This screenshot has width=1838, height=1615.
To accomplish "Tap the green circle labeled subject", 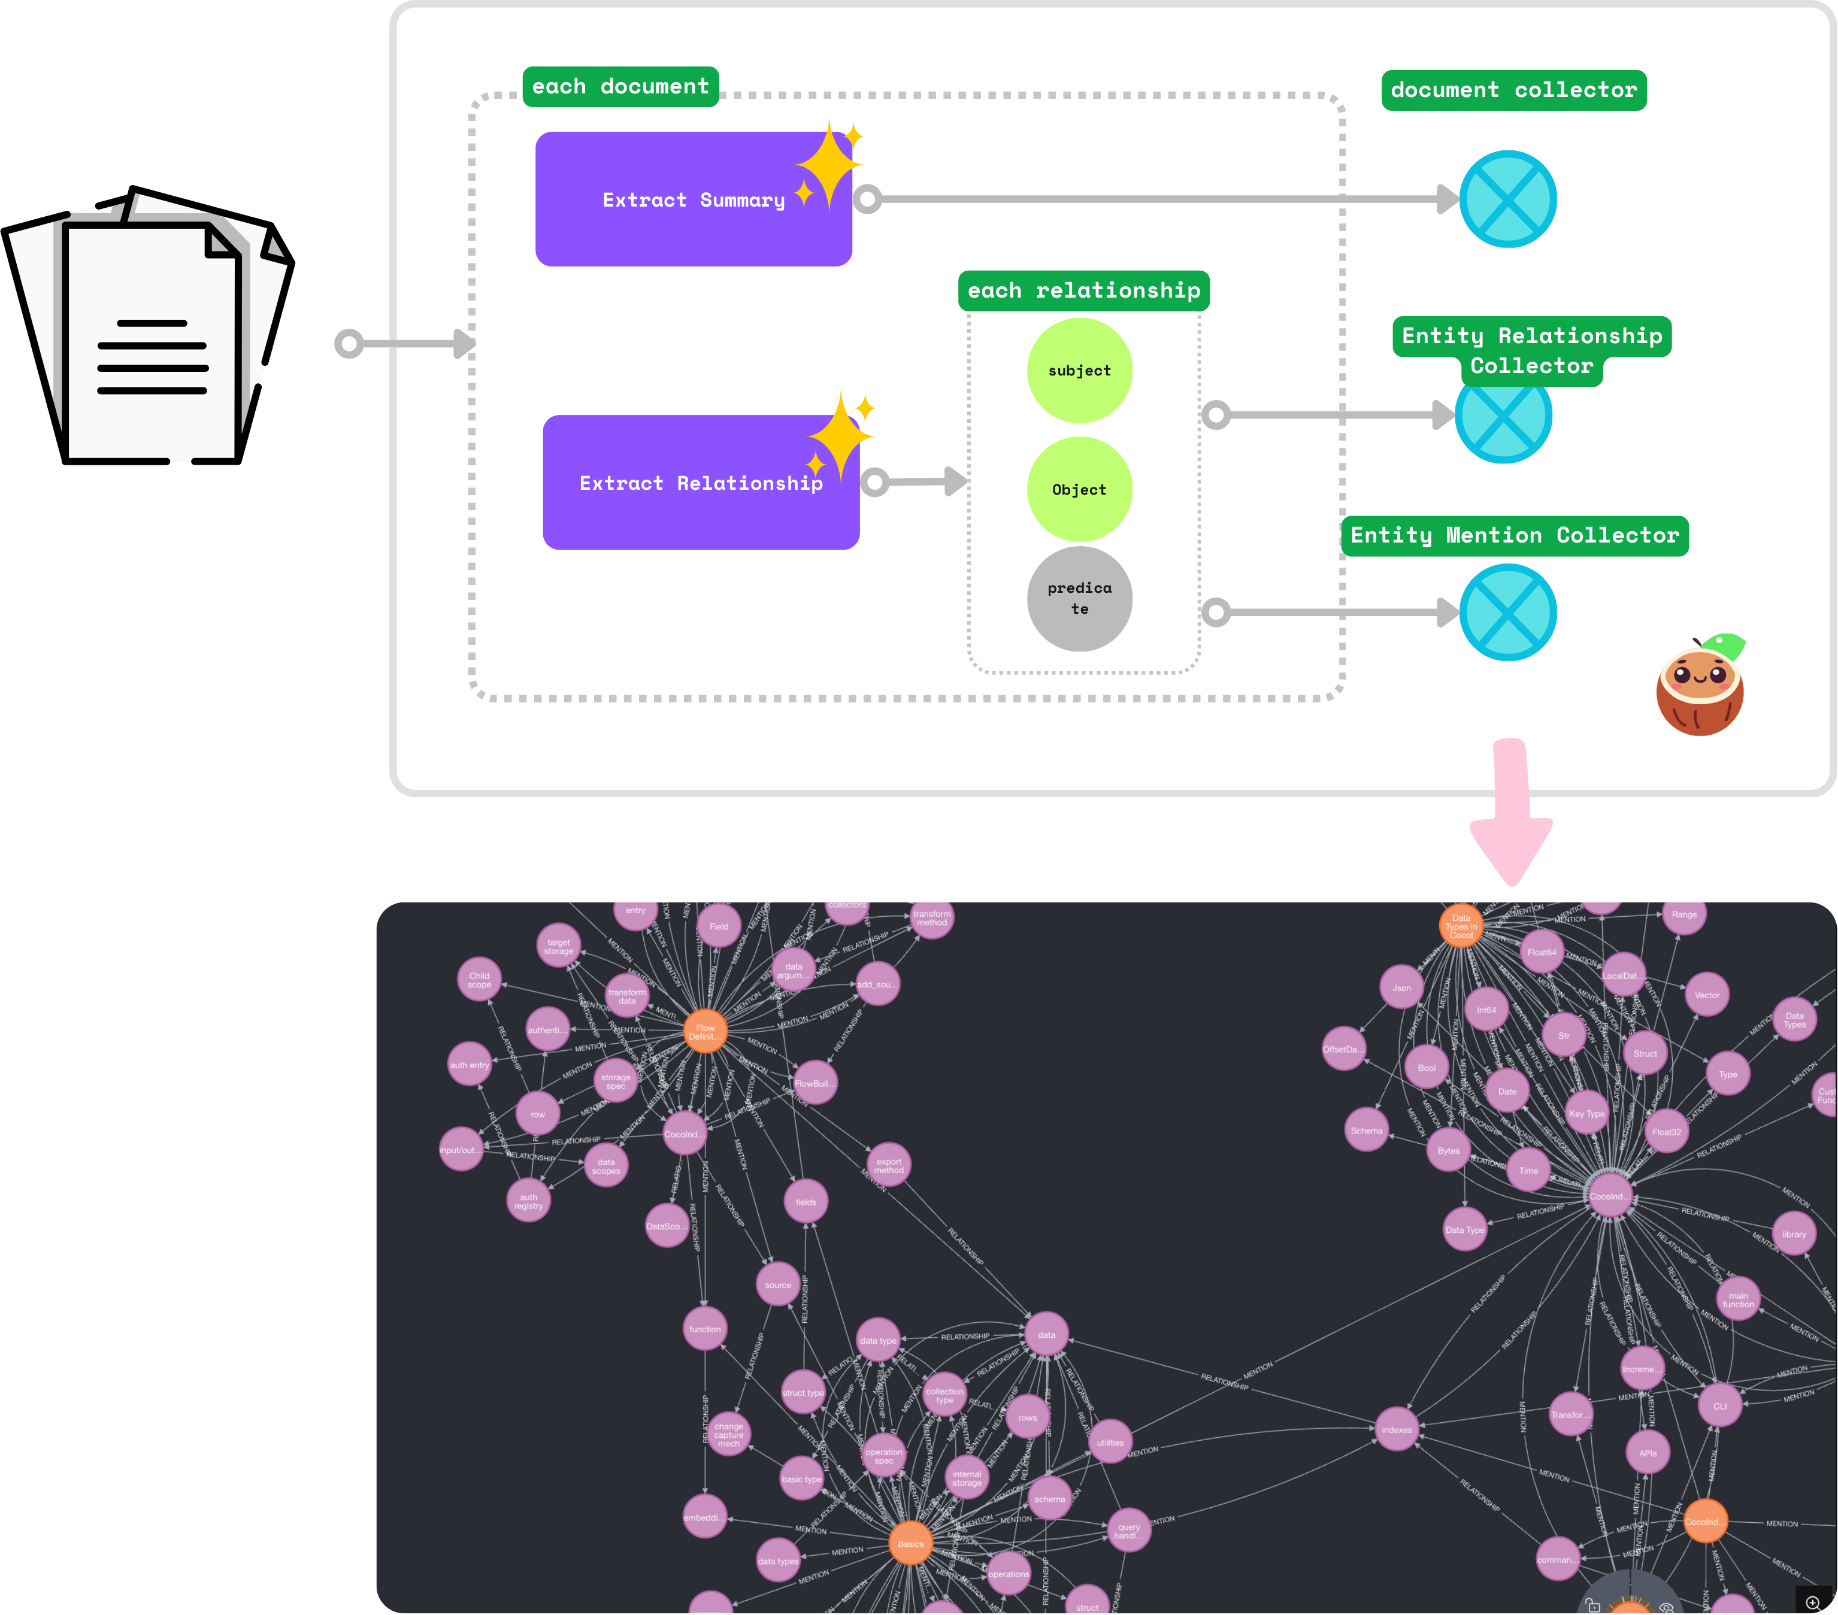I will pyautogui.click(x=1079, y=371).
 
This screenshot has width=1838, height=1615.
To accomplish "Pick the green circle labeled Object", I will pyautogui.click(x=1079, y=489).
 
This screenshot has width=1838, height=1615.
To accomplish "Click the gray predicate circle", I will pyautogui.click(x=1079, y=599).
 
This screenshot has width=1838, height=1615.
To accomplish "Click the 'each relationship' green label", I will pyautogui.click(x=1083, y=290).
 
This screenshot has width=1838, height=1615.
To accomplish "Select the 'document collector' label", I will pyautogui.click(x=1513, y=90).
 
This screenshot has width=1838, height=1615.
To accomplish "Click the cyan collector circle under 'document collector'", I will pyautogui.click(x=1508, y=199).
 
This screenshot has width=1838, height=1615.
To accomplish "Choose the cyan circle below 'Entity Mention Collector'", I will pyautogui.click(x=1508, y=613).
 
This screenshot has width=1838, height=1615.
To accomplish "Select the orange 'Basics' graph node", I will pyautogui.click(x=910, y=1544).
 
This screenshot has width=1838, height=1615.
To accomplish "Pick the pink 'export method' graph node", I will pyautogui.click(x=888, y=1165).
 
